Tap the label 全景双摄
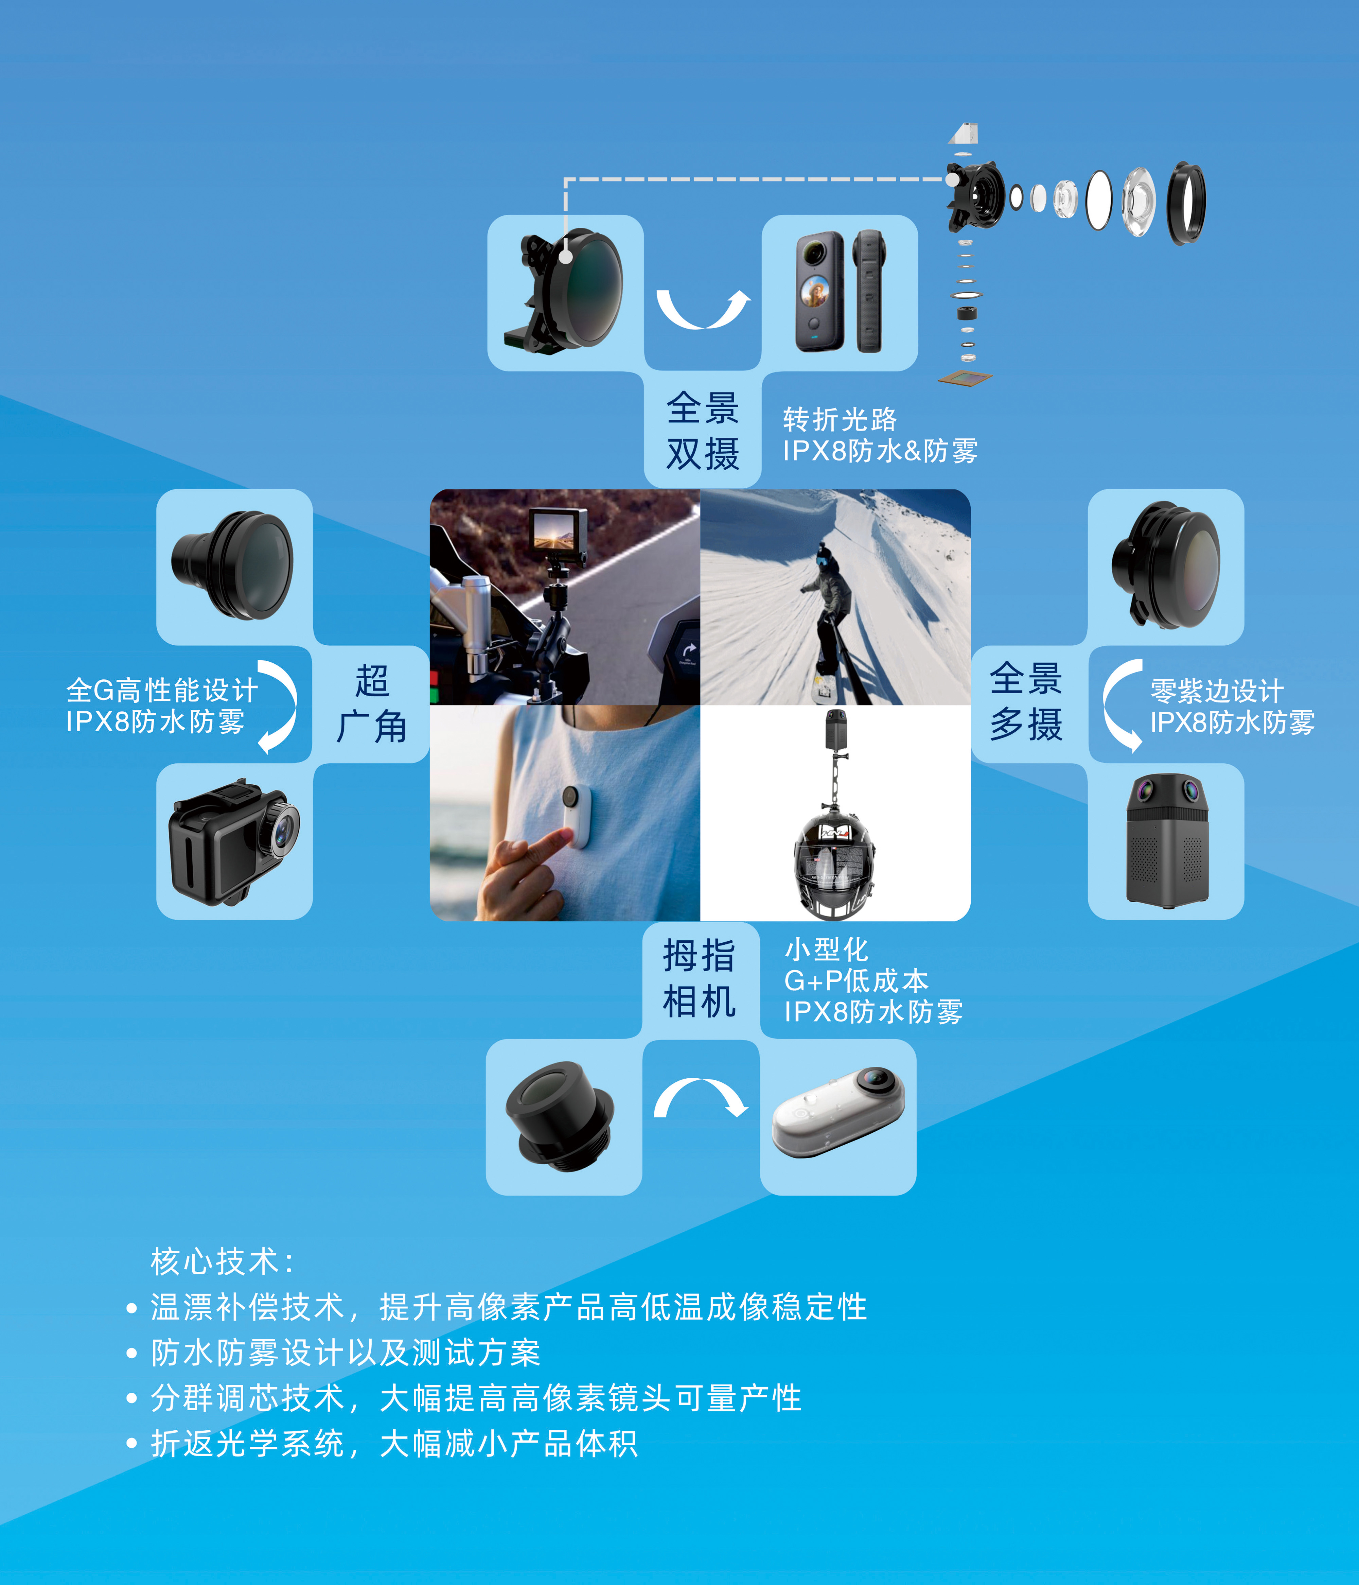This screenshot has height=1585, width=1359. [702, 431]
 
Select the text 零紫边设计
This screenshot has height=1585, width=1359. [1216, 691]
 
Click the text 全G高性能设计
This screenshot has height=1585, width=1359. [162, 690]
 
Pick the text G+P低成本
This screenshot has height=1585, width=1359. [856, 981]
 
